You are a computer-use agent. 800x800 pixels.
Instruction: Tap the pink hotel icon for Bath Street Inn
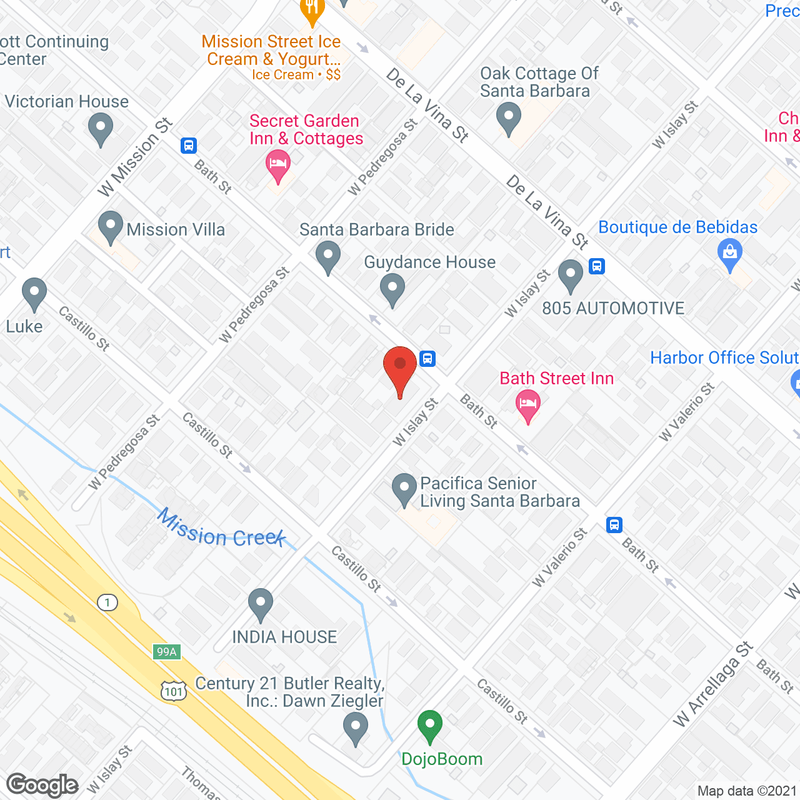(528, 404)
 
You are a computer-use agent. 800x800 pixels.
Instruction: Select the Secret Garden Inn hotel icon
(278, 165)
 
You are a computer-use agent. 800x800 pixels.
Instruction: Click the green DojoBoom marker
(429, 725)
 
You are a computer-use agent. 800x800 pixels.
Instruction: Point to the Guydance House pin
(392, 289)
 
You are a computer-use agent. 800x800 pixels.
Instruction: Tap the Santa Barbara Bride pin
(328, 257)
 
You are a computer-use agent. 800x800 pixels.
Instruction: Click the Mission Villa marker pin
(111, 227)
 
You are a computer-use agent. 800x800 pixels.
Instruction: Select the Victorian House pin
(101, 129)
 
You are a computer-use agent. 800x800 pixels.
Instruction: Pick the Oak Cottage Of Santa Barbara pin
(509, 117)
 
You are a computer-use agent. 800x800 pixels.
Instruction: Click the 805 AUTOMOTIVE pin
(570, 275)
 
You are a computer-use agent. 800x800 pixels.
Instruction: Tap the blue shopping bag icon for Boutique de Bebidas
(730, 254)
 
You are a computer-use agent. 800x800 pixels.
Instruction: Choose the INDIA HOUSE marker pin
(261, 604)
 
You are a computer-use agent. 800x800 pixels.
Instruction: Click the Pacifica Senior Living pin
(404, 489)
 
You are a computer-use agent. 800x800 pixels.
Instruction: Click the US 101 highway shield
(173, 690)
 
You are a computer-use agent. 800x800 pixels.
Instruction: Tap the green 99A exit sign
(166, 652)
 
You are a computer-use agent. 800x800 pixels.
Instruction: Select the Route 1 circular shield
(107, 602)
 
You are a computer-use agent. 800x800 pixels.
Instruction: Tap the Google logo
(42, 785)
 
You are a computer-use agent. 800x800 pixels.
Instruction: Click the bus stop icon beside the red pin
(427, 359)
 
